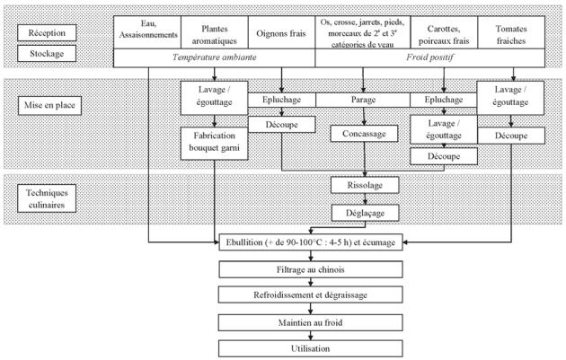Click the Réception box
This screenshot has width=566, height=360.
tap(47, 33)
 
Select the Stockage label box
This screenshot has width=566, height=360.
tap(47, 53)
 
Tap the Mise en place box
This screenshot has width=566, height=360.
tap(49, 105)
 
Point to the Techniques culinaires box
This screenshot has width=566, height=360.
tap(47, 198)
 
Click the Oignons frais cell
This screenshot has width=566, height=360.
tap(281, 32)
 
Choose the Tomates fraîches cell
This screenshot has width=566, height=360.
tap(511, 32)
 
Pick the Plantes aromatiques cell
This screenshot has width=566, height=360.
tap(215, 32)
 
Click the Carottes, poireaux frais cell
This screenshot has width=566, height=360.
tap(444, 32)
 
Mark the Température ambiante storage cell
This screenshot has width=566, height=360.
tap(215, 57)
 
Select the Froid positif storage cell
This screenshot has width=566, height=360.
tap(430, 57)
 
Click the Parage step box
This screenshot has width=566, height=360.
tap(363, 100)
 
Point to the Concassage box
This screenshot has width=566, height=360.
tap(364, 134)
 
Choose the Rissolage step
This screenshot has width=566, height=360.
tap(365, 186)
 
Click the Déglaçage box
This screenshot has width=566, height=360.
tap(366, 213)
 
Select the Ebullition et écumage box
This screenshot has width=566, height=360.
tap(311, 242)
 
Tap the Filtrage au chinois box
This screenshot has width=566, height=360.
tap(311, 269)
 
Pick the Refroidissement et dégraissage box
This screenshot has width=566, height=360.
tap(311, 294)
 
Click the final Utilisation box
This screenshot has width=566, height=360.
tap(311, 349)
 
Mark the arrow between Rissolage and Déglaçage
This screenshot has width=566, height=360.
tap(365, 199)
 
